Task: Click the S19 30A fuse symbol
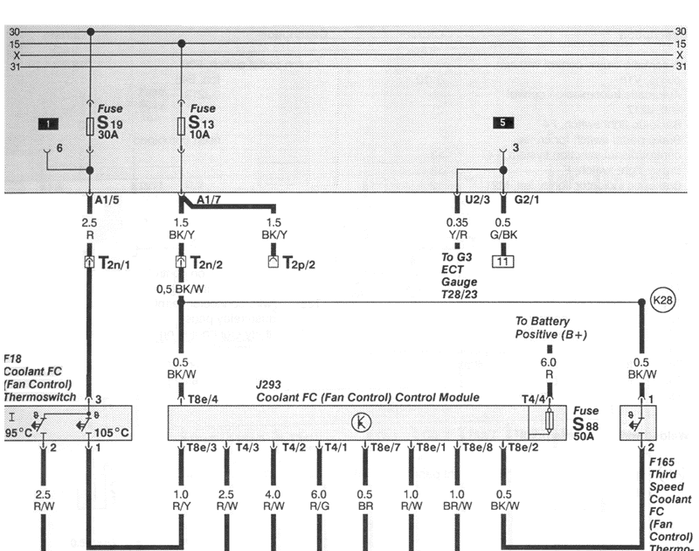(91, 128)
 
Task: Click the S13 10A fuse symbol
(181, 128)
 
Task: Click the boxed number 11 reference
(502, 260)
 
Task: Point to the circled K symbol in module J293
(359, 422)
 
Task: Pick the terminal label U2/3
(479, 200)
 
